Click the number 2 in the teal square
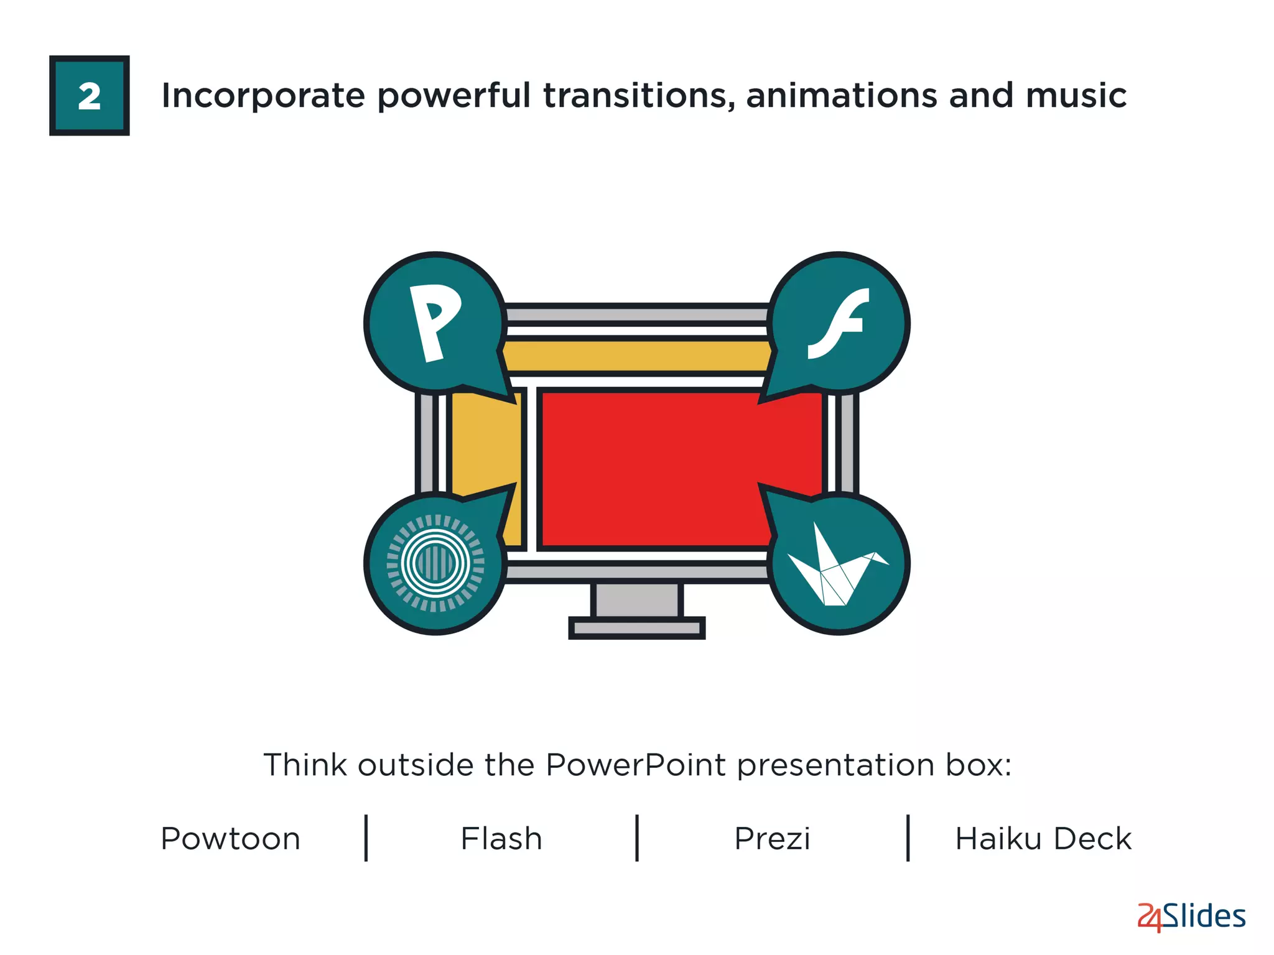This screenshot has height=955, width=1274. (x=90, y=96)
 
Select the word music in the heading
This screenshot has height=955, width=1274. (x=1076, y=96)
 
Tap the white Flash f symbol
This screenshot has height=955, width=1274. (x=838, y=323)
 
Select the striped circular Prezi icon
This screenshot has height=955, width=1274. (x=435, y=563)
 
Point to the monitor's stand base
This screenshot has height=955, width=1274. (x=636, y=628)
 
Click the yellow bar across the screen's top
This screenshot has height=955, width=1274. (x=636, y=356)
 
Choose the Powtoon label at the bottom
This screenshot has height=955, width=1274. (x=230, y=839)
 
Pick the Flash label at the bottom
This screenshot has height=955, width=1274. (x=501, y=839)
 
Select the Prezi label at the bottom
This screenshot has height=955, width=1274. (x=772, y=839)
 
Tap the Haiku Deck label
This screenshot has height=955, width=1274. (x=1043, y=839)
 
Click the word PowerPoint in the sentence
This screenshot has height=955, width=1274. (x=635, y=765)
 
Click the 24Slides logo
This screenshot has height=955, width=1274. (x=1191, y=917)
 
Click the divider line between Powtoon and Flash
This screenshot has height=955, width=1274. (x=366, y=838)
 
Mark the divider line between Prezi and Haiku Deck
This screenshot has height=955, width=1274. (x=908, y=838)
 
